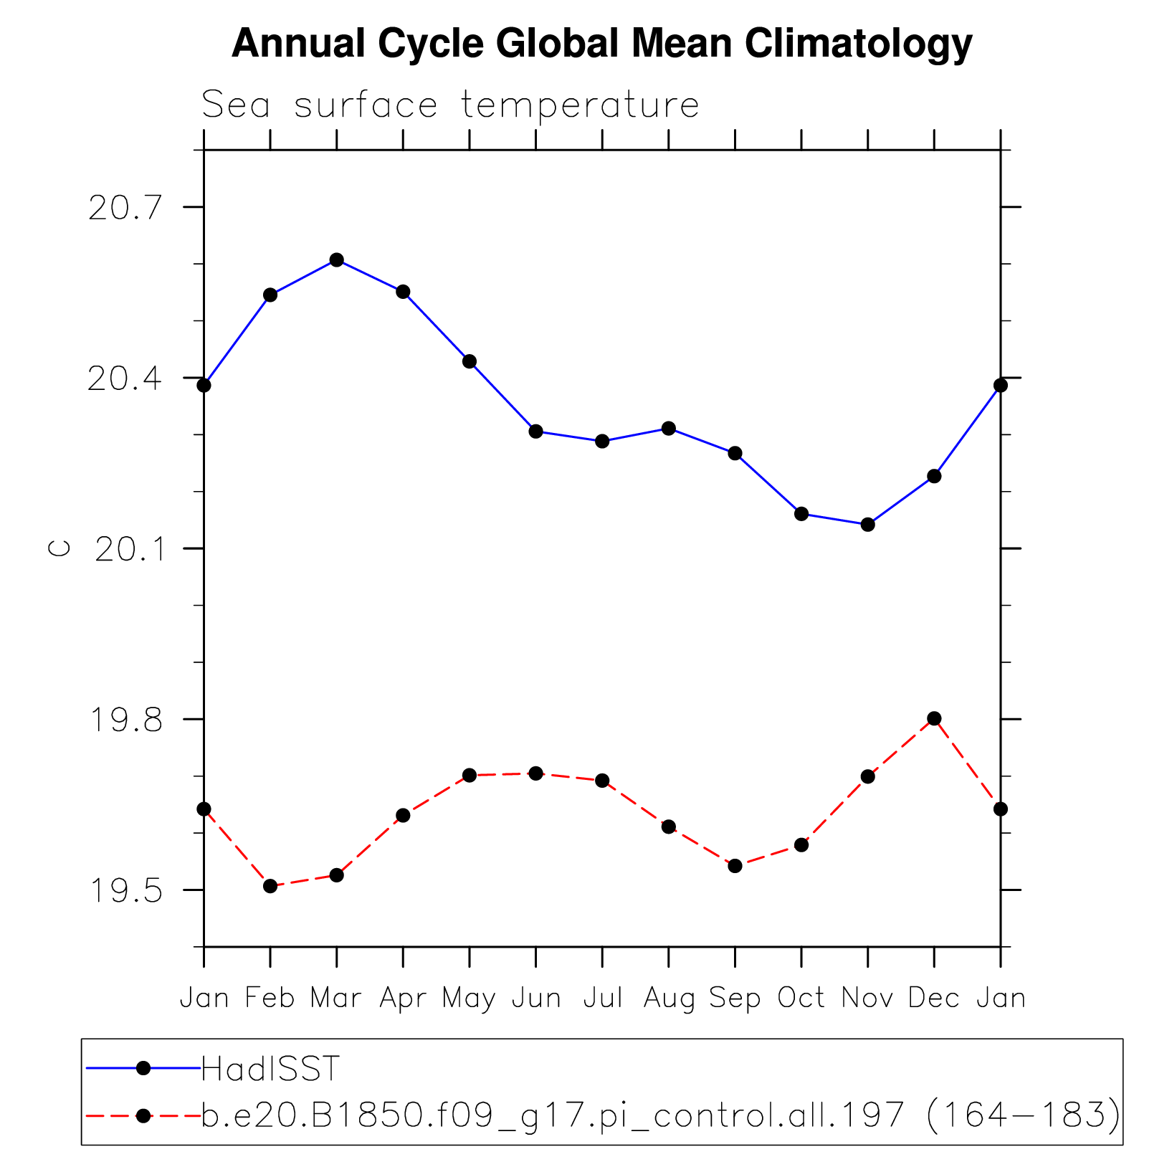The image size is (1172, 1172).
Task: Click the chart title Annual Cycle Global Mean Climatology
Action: pos(601,44)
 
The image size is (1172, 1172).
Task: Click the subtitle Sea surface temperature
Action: pos(449,105)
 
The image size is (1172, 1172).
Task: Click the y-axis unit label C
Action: pos(59,548)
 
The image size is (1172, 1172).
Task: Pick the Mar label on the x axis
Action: pos(335,998)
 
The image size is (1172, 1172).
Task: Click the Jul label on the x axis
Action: pos(602,998)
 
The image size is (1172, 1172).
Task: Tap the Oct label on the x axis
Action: pos(801,998)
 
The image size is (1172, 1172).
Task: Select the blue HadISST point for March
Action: pos(337,259)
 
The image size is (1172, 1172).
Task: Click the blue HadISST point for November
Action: pos(867,525)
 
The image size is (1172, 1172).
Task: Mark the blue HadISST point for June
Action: pos(536,431)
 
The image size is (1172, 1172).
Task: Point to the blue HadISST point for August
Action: pos(669,428)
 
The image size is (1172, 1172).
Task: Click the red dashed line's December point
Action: pos(934,718)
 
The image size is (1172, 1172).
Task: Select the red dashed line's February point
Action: pos(270,886)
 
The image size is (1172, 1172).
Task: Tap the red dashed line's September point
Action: pos(735,866)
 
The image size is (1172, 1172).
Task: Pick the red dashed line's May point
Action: pos(470,775)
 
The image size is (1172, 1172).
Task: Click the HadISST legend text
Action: pos(270,1069)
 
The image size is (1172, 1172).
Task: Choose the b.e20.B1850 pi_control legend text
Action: pos(659,1115)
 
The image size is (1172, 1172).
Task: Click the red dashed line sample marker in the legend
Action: pos(143,1115)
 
